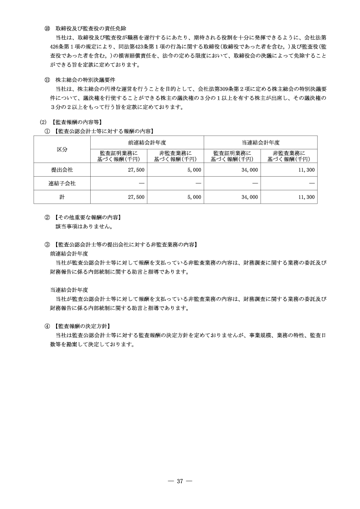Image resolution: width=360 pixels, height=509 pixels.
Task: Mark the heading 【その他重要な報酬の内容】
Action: coord(87,217)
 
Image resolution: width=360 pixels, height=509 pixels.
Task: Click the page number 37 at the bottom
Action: coord(180,482)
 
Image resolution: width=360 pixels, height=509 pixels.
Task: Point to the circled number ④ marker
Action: coord(47,326)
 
